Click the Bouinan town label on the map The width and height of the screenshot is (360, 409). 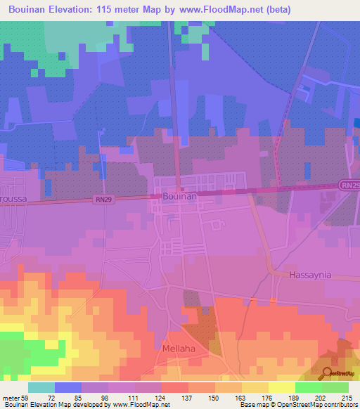coord(179,197)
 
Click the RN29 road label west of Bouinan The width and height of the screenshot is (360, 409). coord(103,200)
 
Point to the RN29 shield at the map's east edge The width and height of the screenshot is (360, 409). coord(350,185)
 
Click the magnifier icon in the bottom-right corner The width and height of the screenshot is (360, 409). coord(328,373)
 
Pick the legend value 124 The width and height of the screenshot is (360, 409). coord(162,397)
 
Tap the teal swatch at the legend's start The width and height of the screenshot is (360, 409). coord(41,387)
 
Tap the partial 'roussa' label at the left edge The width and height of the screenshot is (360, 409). coord(13,200)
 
